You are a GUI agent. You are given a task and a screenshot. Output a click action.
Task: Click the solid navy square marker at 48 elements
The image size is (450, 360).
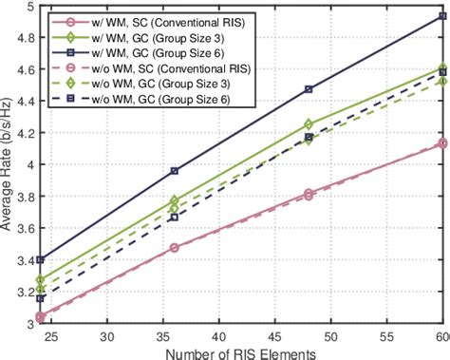[x=309, y=89]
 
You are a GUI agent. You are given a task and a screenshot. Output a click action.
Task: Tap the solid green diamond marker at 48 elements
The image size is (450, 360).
[x=309, y=124]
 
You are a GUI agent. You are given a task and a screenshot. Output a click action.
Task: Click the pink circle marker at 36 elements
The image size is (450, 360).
[x=174, y=248]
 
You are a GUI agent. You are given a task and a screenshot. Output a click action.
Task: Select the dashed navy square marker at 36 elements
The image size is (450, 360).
[x=174, y=217]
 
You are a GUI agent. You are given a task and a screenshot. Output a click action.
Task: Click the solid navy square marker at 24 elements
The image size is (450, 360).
[x=40, y=259]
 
